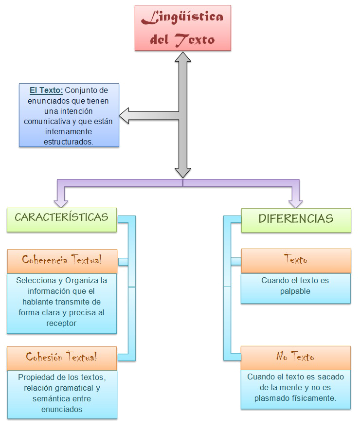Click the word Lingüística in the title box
(182, 18)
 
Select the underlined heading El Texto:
(46, 90)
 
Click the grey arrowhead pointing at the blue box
(126, 116)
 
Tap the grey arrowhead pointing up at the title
(183, 57)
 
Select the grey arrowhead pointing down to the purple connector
(183, 172)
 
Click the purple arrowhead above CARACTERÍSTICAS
(62, 200)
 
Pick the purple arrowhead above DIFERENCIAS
(295, 200)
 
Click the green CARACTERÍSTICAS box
(61, 218)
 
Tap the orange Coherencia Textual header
(62, 260)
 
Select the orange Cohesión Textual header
(62, 358)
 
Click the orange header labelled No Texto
(295, 358)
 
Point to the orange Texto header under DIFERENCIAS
(295, 260)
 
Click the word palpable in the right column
(295, 291)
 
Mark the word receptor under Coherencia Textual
(61, 323)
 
